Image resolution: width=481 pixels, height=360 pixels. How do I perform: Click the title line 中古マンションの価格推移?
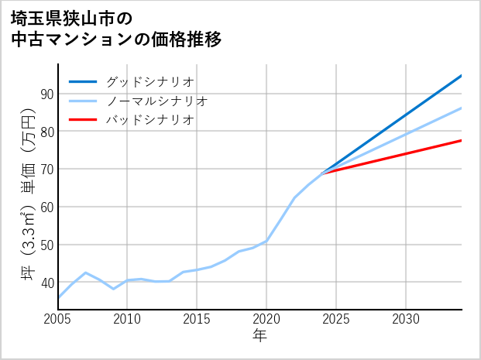(116, 39)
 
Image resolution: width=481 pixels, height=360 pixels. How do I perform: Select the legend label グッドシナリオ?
(149, 81)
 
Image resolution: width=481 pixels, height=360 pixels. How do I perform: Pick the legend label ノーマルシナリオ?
(156, 101)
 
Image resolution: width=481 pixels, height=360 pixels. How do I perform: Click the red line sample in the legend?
(84, 120)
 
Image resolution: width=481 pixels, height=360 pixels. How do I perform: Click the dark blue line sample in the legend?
(84, 81)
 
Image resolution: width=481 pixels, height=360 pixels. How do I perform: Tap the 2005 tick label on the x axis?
(58, 319)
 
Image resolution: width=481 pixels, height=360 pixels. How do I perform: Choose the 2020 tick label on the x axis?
(266, 319)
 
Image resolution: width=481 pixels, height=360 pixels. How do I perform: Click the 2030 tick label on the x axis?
(406, 319)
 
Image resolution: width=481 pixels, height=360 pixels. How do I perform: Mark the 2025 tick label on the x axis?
(336, 319)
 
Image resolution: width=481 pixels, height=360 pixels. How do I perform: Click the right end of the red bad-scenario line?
(461, 140)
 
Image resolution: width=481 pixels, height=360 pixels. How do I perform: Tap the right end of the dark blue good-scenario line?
(461, 76)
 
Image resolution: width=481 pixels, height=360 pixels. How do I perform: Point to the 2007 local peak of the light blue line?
(86, 273)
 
